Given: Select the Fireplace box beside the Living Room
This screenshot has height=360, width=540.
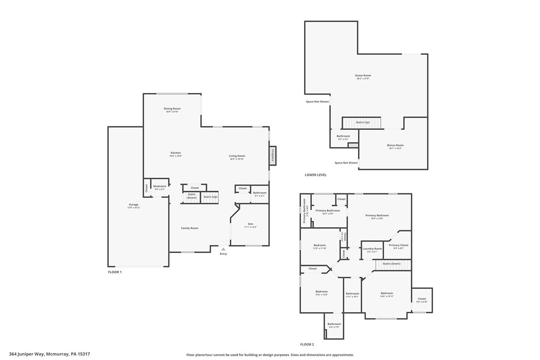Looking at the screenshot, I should (x=272, y=156).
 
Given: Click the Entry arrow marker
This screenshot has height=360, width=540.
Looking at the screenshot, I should (x=223, y=249).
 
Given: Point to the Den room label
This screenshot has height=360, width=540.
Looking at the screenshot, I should (x=250, y=225).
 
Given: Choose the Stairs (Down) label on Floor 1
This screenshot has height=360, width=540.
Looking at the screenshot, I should (x=191, y=196).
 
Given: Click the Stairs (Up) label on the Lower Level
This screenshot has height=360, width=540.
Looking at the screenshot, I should (x=362, y=122).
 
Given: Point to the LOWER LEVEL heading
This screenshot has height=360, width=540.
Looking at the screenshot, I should (x=316, y=175).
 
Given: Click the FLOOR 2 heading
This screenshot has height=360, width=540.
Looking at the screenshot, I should (x=307, y=344).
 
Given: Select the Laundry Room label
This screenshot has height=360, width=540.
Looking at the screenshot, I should (x=372, y=249).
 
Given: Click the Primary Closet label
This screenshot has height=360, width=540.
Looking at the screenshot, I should (x=398, y=246).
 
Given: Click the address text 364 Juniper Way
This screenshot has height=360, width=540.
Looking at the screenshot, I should (x=49, y=354).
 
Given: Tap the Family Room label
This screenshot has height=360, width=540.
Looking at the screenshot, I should (x=189, y=228).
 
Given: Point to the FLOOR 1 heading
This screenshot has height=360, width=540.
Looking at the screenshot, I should (x=114, y=272).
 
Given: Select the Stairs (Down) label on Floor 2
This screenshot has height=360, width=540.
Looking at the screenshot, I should (x=391, y=264).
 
